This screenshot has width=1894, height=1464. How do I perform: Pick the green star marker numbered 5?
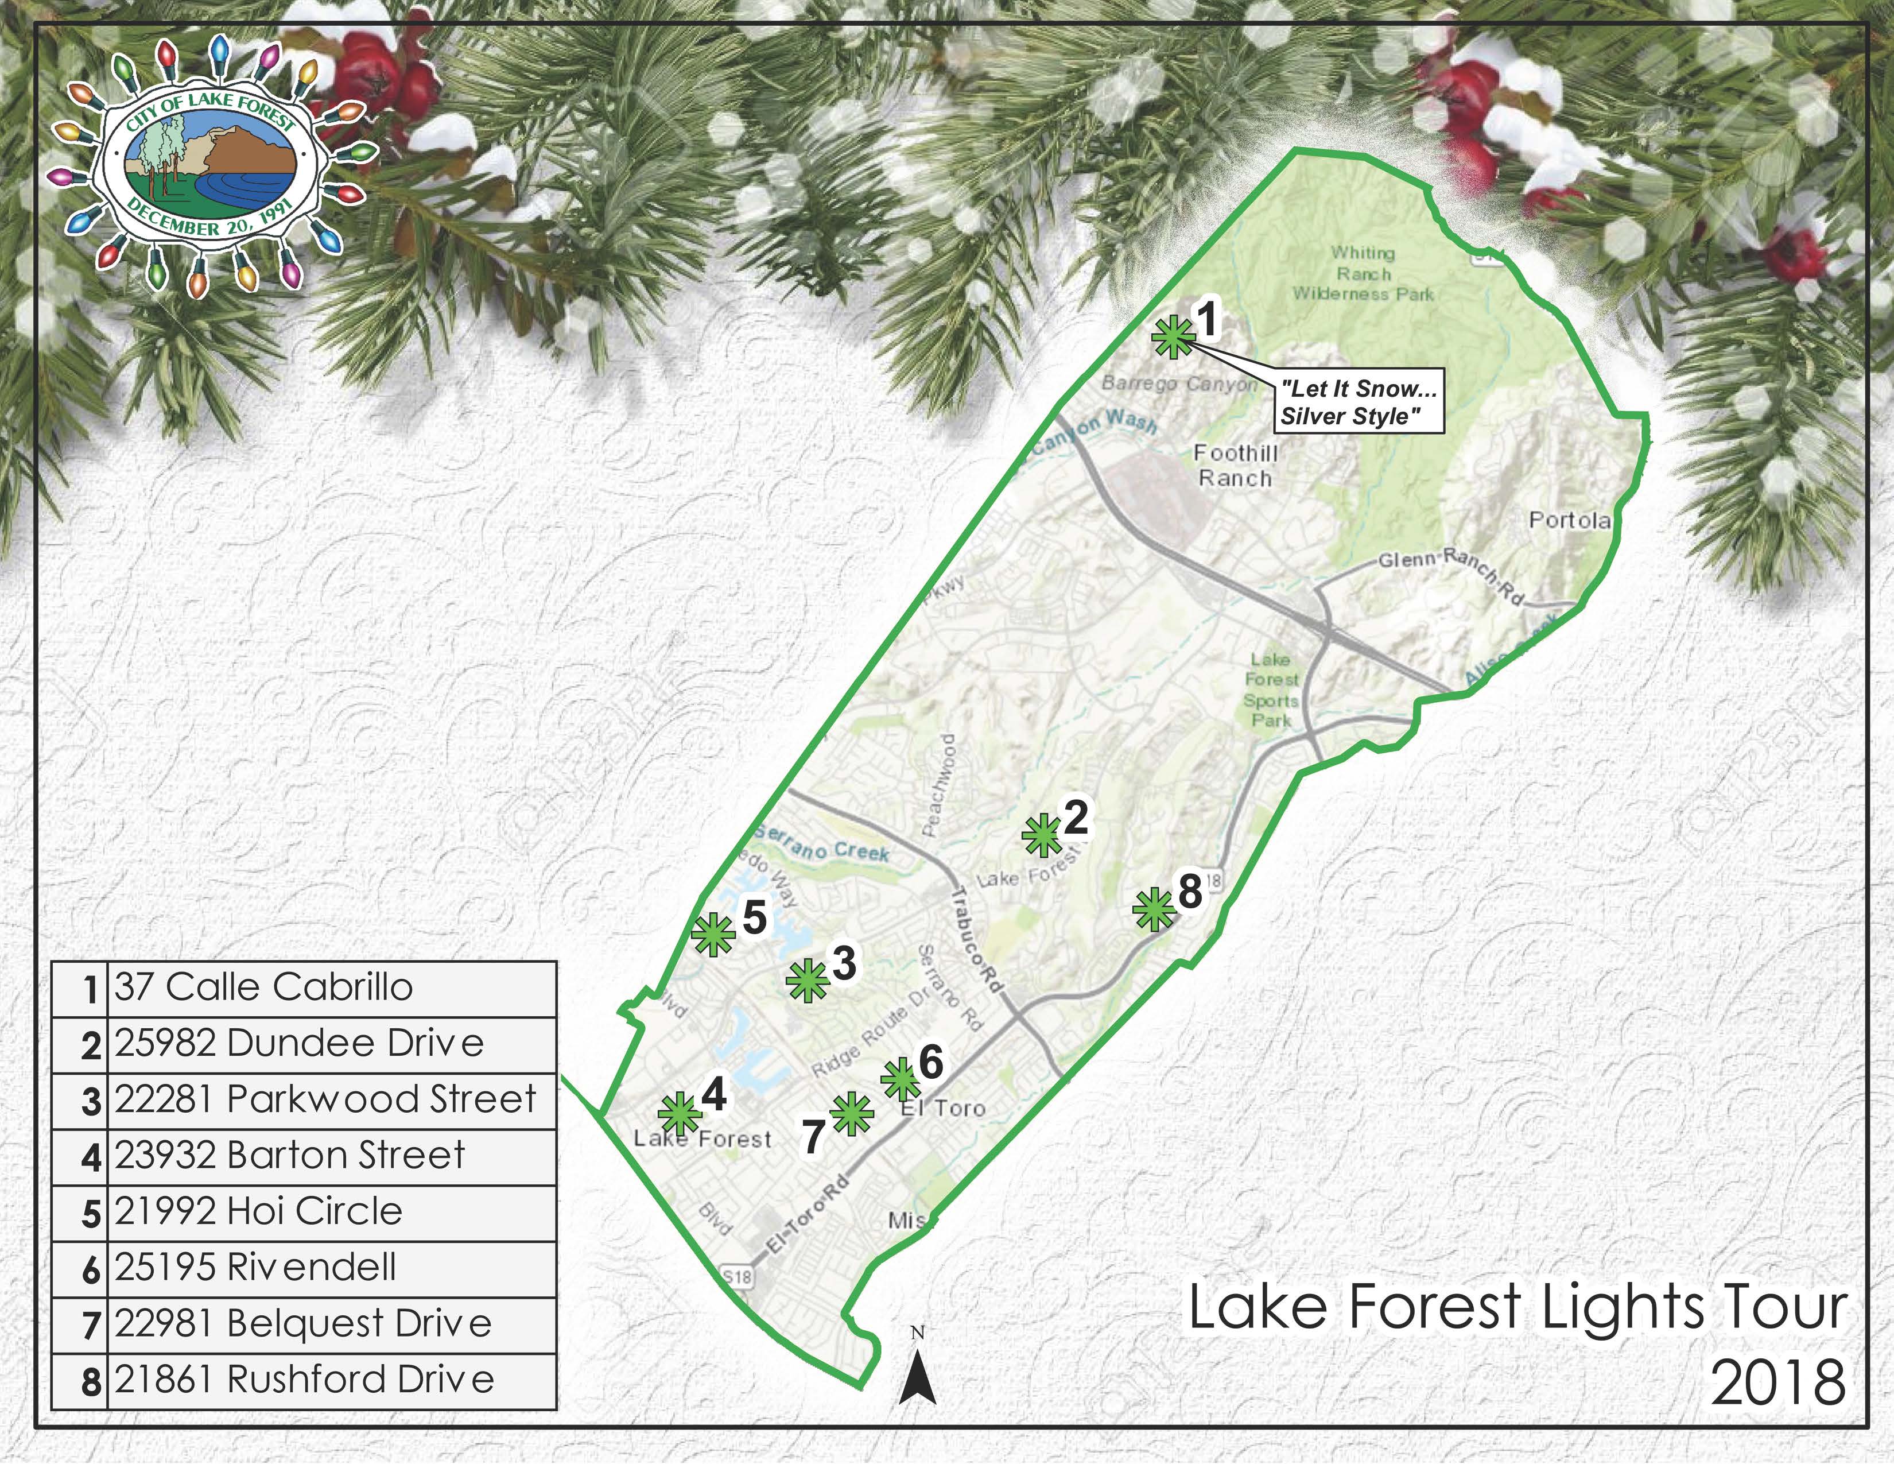click(x=713, y=933)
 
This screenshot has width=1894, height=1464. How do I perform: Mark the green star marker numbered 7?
click(x=851, y=1114)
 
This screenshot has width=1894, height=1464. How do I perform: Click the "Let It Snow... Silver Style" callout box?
click(x=1358, y=402)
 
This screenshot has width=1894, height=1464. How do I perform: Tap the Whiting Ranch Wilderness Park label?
click(x=1363, y=273)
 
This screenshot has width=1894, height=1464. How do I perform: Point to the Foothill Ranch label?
click(x=1235, y=466)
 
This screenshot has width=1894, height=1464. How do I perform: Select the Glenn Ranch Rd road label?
click(x=1450, y=574)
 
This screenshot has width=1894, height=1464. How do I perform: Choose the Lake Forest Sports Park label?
click(x=1271, y=690)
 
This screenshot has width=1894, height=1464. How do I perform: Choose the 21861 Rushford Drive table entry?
click(x=304, y=1380)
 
